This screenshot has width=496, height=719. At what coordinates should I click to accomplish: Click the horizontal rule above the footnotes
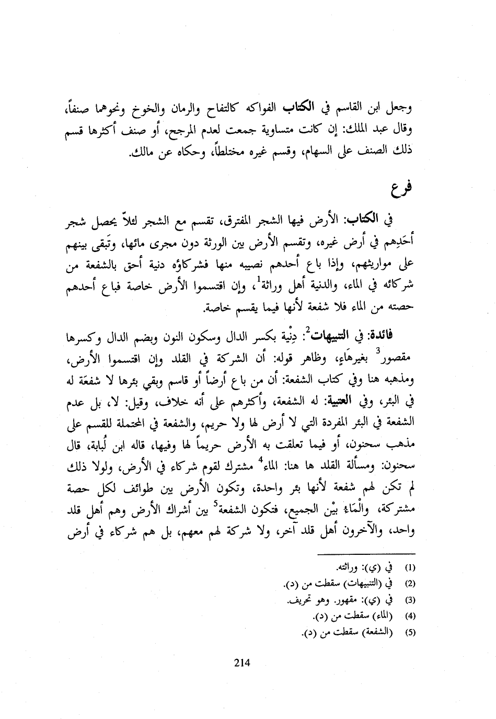pyautogui.click(x=366, y=553)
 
